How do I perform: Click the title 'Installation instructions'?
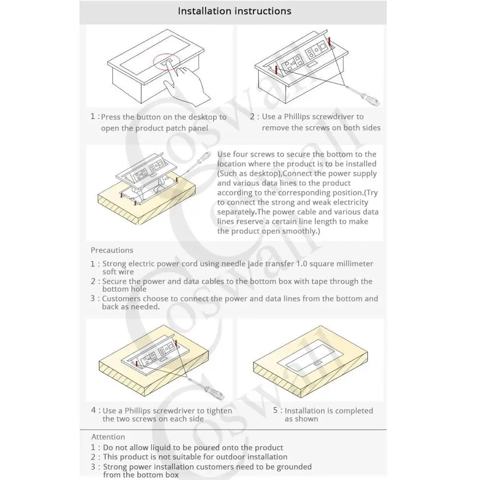pyautogui.click(x=234, y=11)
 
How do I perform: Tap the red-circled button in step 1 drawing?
pyautogui.click(x=166, y=62)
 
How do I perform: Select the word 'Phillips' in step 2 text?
pyautogui.click(x=297, y=117)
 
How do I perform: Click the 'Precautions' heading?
pyautogui.click(x=112, y=250)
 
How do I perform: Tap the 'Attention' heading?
pyautogui.click(x=108, y=437)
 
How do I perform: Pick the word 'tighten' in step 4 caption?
pyautogui.click(x=218, y=410)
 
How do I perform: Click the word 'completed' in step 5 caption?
pyautogui.click(x=354, y=410)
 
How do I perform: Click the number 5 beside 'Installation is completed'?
pyautogui.click(x=276, y=410)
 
